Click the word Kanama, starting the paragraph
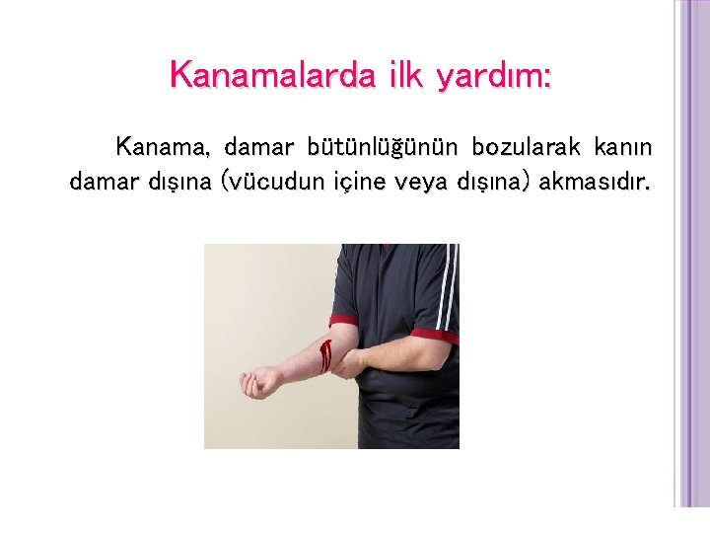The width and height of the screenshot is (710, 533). pos(163,148)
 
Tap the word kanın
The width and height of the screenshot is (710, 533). pos(624,148)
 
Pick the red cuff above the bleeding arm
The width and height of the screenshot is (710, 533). pos(343,321)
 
